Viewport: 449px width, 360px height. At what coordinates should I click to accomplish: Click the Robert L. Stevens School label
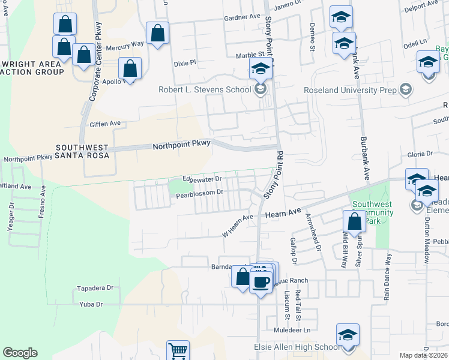(204, 90)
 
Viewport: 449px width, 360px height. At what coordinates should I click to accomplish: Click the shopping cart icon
(178, 350)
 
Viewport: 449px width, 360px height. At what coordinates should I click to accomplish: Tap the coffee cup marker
(261, 281)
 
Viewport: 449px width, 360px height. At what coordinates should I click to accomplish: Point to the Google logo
(20, 353)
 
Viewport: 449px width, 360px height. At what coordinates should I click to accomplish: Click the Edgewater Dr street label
(202, 178)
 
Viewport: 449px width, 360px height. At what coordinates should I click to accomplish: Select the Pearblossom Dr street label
(199, 193)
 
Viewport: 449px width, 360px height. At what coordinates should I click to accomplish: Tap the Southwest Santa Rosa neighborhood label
(82, 151)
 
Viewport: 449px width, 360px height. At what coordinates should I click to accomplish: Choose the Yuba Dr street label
(91, 304)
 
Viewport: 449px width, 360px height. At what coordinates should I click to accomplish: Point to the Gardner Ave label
(244, 17)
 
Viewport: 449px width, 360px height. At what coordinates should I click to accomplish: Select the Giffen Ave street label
(106, 123)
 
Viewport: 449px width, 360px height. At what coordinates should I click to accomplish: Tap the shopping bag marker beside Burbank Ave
(355, 221)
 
